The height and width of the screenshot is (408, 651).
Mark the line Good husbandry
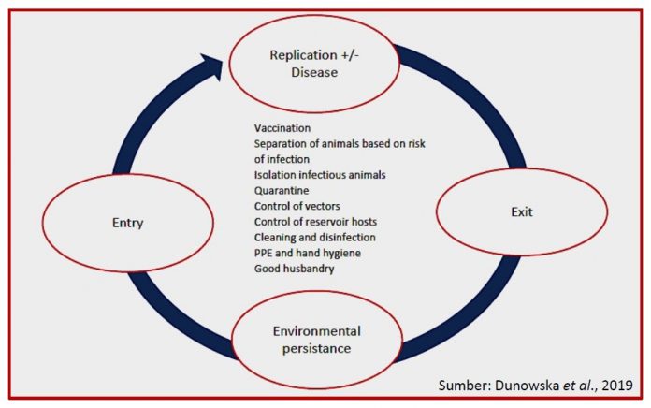pyautogui.click(x=296, y=270)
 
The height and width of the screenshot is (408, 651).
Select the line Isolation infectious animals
pyautogui.click(x=321, y=174)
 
